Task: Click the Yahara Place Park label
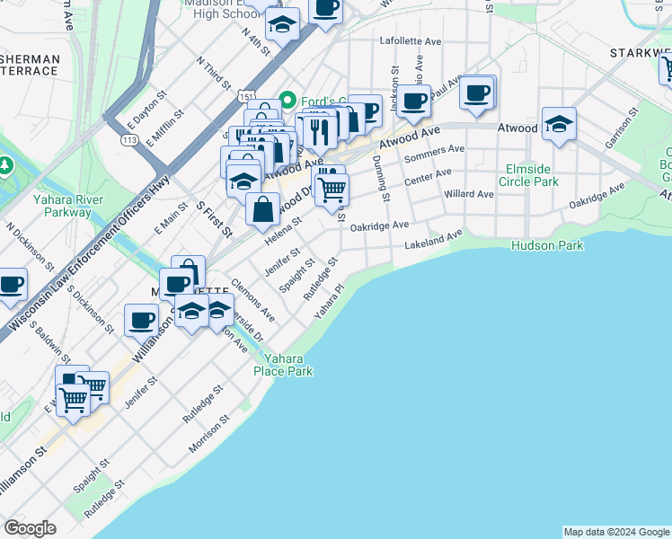click(x=283, y=364)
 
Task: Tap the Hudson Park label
click(x=547, y=245)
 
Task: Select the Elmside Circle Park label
click(x=532, y=175)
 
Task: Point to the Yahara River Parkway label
click(x=62, y=206)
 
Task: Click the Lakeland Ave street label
click(x=433, y=240)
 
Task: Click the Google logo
click(x=30, y=528)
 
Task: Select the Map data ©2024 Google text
click(x=615, y=532)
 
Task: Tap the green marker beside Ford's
click(x=289, y=100)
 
